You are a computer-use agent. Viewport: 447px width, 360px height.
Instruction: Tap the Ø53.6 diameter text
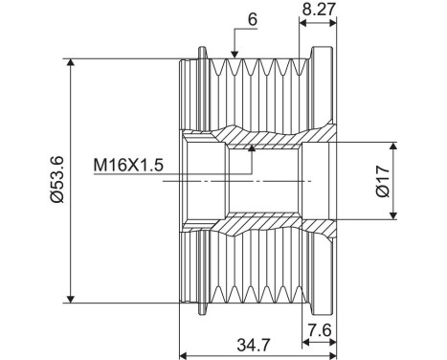[x=56, y=180]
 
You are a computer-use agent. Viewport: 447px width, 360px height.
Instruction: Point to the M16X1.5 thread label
[x=128, y=165]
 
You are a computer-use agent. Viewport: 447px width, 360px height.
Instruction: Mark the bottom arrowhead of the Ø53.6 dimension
[x=72, y=298]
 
